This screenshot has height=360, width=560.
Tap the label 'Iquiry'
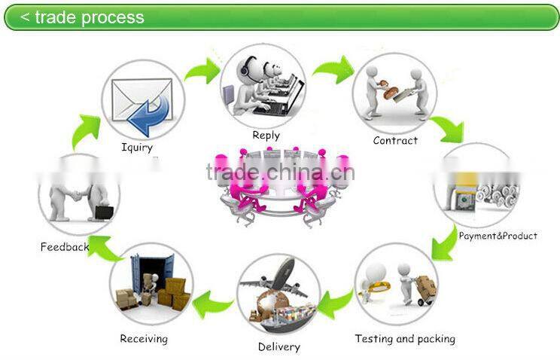(136, 147)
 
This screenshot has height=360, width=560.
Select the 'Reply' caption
(266, 136)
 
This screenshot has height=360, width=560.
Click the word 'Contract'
(395, 140)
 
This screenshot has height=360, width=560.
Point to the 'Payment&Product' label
(498, 236)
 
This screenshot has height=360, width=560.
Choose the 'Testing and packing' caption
(405, 339)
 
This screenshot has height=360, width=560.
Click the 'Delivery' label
(279, 346)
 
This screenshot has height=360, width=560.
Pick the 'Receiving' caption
(144, 338)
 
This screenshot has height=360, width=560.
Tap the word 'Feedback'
(65, 246)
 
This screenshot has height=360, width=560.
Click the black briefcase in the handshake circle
(104, 212)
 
